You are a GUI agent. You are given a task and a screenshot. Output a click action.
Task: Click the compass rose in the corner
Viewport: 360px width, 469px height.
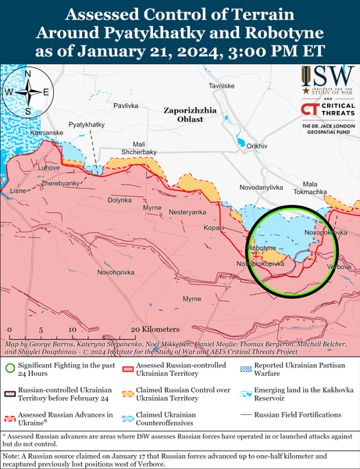click(x=27, y=92)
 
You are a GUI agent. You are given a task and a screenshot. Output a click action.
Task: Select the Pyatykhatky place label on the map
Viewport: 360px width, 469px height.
click(x=86, y=124)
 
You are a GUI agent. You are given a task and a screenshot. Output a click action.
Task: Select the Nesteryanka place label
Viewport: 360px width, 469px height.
click(x=187, y=212)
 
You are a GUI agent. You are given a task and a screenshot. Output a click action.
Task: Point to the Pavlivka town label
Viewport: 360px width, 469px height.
click(x=126, y=105)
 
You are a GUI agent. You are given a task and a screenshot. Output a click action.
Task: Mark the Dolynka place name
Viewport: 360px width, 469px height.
click(x=119, y=200)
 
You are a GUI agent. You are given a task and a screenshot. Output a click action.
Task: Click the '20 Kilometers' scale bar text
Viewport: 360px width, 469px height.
click(x=155, y=330)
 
